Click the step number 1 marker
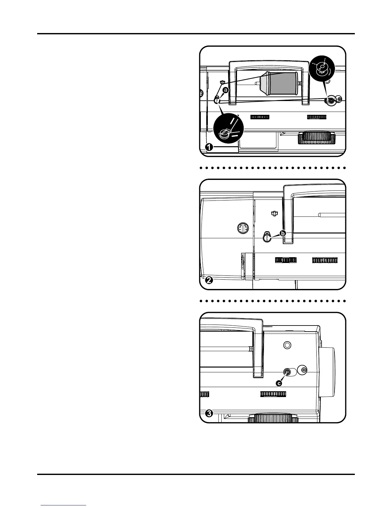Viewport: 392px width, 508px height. (x=209, y=147)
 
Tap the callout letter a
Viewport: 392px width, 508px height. (x=226, y=90)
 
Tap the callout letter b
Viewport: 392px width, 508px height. (x=283, y=233)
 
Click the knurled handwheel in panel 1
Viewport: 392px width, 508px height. (x=316, y=139)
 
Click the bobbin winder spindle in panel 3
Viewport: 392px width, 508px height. (x=287, y=372)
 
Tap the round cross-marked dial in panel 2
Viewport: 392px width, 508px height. (x=244, y=229)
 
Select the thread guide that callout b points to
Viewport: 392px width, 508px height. (x=267, y=237)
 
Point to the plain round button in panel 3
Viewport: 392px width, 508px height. (x=287, y=345)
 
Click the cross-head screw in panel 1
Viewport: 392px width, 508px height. (x=339, y=99)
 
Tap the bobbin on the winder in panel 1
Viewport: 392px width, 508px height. (x=331, y=101)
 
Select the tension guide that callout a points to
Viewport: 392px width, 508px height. (x=217, y=100)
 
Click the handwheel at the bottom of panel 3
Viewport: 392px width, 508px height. (x=273, y=419)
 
